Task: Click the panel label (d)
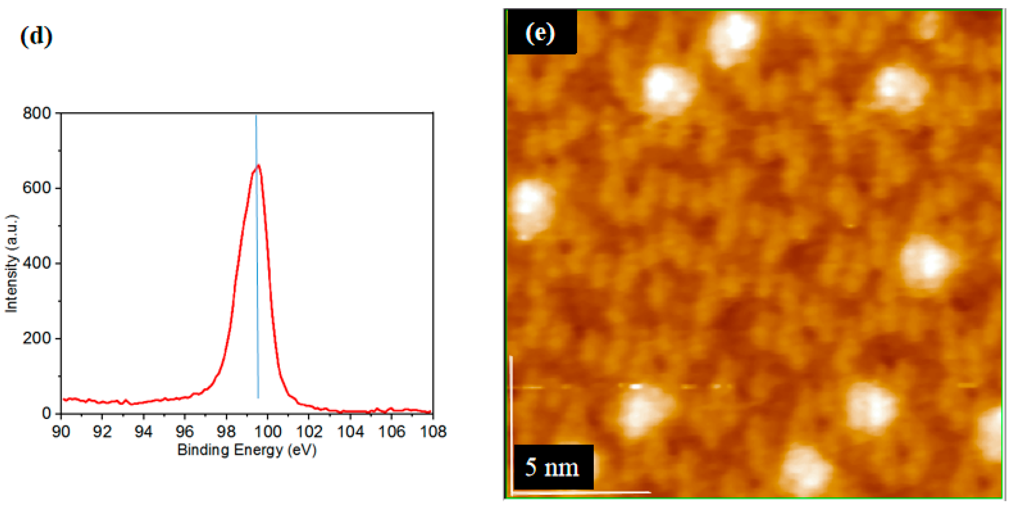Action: (x=36, y=37)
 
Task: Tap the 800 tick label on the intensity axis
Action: (x=37, y=113)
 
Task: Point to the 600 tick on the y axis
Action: (x=37, y=188)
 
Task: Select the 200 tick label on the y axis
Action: (x=37, y=338)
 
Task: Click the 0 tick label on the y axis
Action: (x=46, y=413)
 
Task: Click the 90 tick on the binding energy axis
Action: (x=61, y=431)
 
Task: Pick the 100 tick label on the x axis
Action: (x=267, y=431)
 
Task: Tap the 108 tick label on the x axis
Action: (x=432, y=431)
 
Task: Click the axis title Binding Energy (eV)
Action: (x=247, y=450)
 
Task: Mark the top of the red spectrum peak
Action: (x=258, y=166)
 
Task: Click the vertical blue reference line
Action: (x=257, y=276)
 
